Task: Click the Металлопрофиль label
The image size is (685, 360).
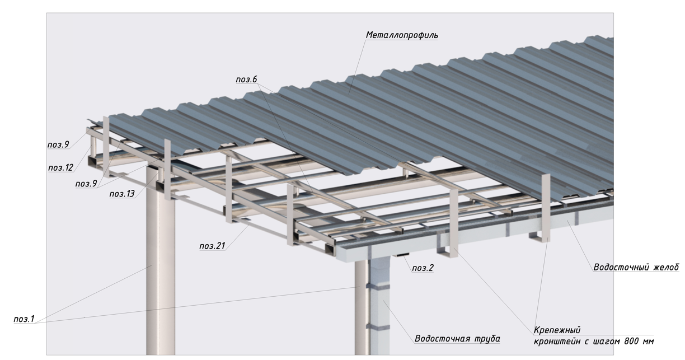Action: (402, 35)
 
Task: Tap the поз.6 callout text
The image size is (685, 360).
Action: (246, 80)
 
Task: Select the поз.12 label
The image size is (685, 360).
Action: (61, 167)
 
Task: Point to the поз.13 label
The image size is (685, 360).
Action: (122, 194)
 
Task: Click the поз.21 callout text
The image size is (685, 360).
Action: (212, 246)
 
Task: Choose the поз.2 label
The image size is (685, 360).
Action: (423, 268)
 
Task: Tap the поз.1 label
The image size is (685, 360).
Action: (24, 319)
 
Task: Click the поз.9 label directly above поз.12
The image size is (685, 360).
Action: (58, 144)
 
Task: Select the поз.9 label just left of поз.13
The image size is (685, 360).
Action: (86, 184)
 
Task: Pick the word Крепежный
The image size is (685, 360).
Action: (557, 330)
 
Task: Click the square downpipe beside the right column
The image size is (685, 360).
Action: (379, 306)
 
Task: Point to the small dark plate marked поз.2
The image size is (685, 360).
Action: (402, 255)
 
